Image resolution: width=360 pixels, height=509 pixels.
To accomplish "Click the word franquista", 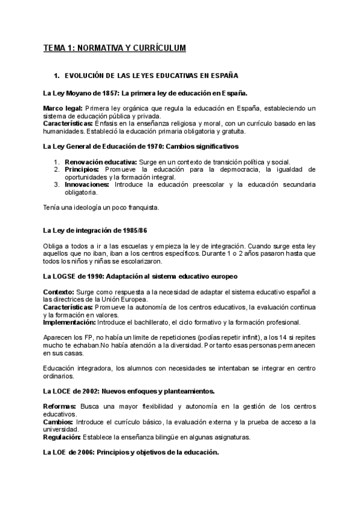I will (142, 208).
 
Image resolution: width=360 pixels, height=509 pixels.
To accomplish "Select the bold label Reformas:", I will (59, 406).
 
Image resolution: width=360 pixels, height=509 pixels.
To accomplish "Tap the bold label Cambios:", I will (58, 422).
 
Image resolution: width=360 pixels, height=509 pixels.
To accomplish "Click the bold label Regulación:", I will (62, 437).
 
